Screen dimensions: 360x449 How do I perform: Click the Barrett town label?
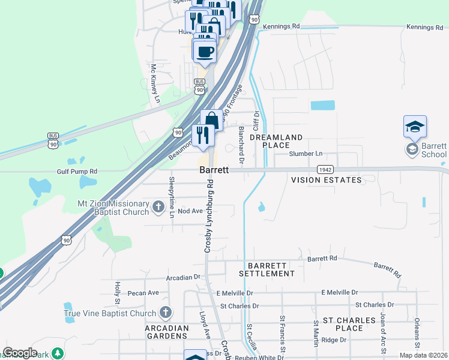214,170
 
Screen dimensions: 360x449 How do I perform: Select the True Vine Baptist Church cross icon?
165,313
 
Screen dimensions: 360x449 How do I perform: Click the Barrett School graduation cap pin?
415,127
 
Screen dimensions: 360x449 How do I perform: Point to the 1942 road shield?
325,170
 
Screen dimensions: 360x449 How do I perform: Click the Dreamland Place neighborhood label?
276,141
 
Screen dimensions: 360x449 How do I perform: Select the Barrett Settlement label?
267,269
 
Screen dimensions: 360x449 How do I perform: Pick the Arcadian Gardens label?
167,332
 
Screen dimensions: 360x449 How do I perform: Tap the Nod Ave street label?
190,211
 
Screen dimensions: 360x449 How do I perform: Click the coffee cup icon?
205,50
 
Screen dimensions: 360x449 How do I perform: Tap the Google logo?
20,352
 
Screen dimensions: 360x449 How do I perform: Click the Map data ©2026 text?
423,355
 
